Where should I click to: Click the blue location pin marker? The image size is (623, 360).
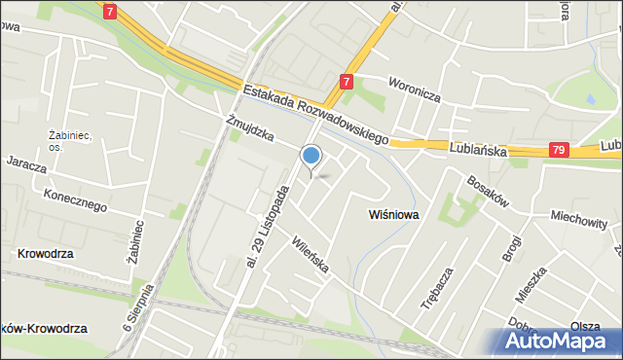tap(311, 156)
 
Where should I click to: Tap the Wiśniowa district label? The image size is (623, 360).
tap(393, 215)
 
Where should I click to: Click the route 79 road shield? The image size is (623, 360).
tap(558, 150)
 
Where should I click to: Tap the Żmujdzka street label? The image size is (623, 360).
tap(248, 128)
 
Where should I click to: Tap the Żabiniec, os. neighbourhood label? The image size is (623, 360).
tap(70, 140)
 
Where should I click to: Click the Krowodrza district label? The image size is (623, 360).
tap(46, 254)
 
